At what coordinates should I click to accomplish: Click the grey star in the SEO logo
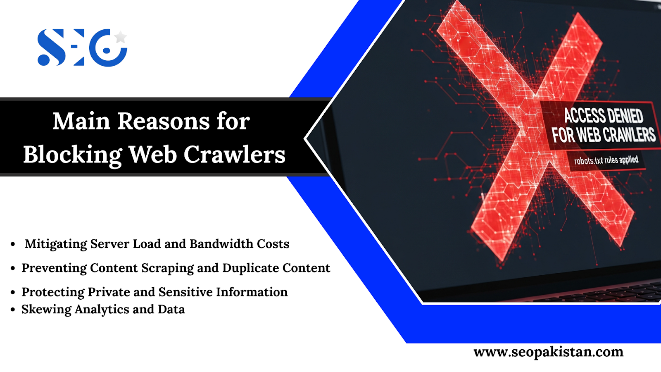(120, 37)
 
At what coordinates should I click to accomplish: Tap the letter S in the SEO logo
(51, 47)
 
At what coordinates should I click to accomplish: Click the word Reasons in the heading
(163, 121)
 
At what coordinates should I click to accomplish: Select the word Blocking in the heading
(73, 155)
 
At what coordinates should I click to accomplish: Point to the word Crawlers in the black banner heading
(235, 154)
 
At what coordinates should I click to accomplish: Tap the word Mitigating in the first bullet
(56, 244)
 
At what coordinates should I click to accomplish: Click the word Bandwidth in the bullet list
(221, 244)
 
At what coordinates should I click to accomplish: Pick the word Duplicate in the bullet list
(250, 268)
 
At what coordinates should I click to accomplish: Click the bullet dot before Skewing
(13, 310)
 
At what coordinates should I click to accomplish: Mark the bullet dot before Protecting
(13, 292)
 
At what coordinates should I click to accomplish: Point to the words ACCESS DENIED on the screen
(604, 115)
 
